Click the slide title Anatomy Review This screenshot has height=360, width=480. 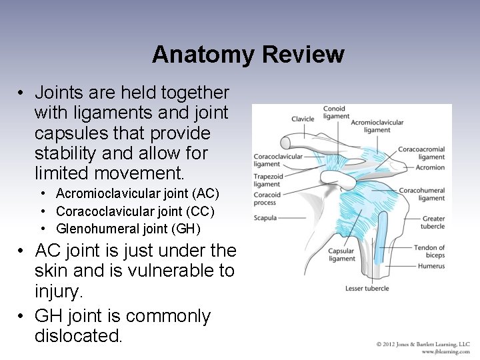247,54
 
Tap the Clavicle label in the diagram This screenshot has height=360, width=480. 303,119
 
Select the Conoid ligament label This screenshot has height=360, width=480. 335,112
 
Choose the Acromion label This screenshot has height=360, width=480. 431,167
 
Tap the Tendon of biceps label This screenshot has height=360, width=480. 429,251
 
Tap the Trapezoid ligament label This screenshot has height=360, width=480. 267,180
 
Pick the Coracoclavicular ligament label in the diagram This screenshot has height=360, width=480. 278,160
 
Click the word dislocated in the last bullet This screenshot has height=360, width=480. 78,335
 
